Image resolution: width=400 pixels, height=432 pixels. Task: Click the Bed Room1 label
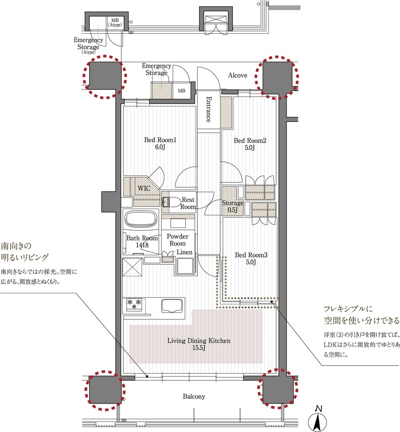[160, 143]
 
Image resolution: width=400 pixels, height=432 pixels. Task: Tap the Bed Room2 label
[250, 144]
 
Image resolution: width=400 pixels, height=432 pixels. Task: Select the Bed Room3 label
[251, 258]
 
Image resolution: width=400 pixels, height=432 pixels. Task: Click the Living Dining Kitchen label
[199, 344]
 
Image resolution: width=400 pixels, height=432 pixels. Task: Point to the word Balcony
[194, 396]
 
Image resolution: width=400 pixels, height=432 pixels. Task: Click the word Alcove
[237, 75]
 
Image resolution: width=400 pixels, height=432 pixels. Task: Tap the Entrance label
[209, 109]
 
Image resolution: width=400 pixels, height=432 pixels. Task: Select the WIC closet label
[144, 189]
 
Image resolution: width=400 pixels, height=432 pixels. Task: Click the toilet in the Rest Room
[169, 202]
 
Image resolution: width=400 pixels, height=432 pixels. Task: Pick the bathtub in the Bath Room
[142, 219]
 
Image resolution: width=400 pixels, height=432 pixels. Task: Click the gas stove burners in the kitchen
[134, 304]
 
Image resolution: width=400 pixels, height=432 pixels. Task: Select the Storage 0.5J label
[232, 206]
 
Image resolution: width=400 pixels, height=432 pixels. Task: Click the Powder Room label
[178, 240]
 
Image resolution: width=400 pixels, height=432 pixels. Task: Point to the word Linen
[184, 252]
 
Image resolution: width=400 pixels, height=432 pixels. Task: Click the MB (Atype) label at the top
[115, 23]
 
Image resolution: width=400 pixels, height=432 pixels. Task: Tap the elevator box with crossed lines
[216, 19]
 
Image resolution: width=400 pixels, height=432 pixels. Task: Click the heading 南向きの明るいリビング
[24, 251]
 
